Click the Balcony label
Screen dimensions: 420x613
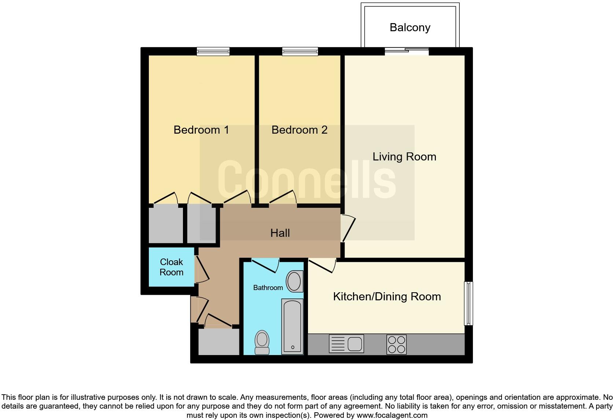point(410,28)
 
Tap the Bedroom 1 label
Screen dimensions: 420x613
point(201,130)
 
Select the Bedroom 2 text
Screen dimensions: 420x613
point(299,130)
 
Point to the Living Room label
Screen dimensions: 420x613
point(404,157)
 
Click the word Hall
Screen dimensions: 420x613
point(280,233)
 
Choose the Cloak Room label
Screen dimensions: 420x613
point(171,267)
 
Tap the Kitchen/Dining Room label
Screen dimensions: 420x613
point(386,297)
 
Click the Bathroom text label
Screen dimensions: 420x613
point(268,287)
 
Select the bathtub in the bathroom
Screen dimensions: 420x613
point(292,326)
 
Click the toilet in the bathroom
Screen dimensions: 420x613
point(262,342)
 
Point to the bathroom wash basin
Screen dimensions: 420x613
point(294,282)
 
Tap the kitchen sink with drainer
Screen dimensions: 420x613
point(346,344)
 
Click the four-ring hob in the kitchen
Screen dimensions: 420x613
point(396,344)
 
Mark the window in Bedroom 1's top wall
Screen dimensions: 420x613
point(213,52)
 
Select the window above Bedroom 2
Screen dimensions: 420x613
point(300,52)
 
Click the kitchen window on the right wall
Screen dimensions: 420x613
point(468,303)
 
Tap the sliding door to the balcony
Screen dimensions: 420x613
point(407,51)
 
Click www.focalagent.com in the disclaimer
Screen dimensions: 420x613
point(392,416)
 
